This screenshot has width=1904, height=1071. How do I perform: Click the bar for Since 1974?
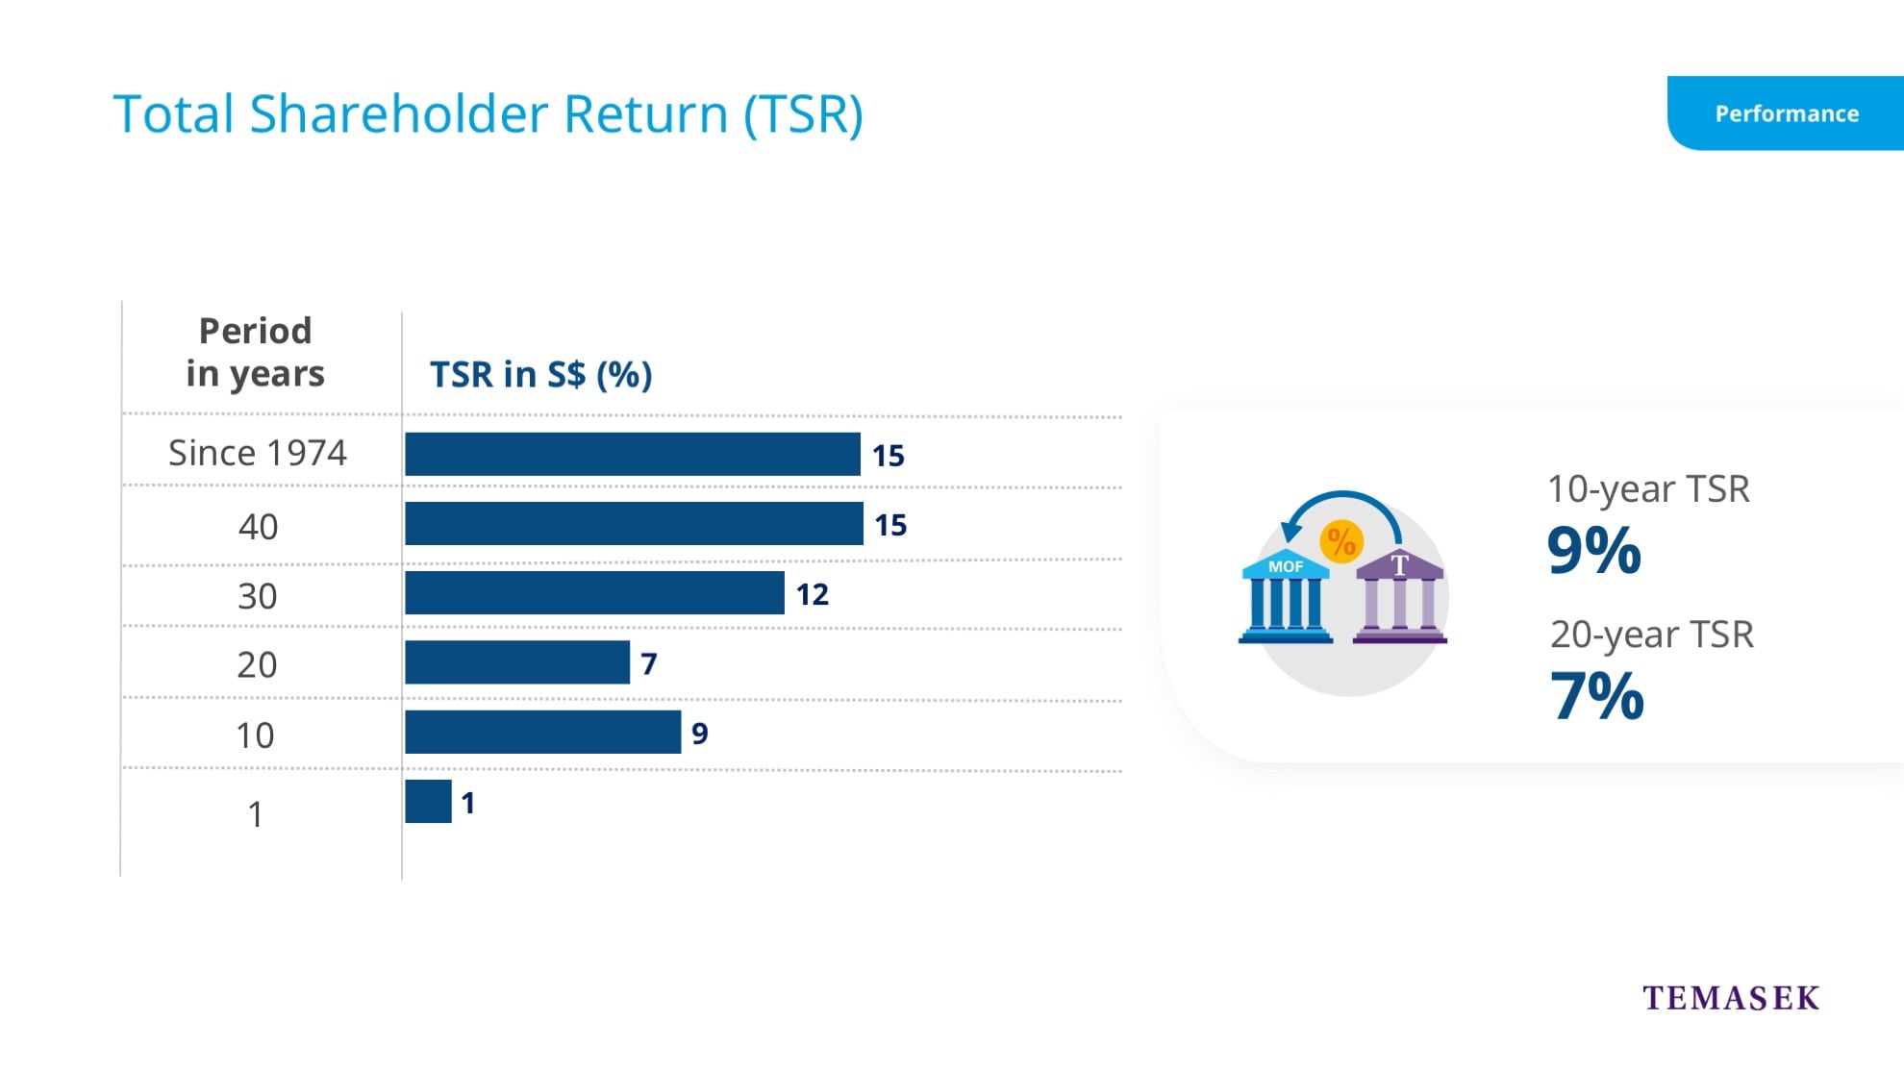tap(633, 454)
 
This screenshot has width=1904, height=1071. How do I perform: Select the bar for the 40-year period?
tap(635, 524)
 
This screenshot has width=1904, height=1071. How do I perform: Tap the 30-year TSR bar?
tap(595, 593)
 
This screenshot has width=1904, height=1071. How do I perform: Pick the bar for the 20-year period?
tap(517, 662)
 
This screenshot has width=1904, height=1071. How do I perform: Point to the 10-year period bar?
tap(543, 732)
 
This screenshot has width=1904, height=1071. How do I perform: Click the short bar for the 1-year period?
tap(429, 801)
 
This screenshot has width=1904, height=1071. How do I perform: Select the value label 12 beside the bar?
tap(813, 594)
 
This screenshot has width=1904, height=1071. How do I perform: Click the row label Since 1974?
tap(258, 453)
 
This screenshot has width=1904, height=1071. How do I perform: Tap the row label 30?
tap(258, 596)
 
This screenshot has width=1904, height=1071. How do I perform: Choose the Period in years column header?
tap(256, 352)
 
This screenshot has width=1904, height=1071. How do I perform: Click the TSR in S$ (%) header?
tap(541, 374)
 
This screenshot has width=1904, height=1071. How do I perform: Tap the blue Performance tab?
tap(1786, 113)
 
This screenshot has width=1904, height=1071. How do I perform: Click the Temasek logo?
tap(1731, 998)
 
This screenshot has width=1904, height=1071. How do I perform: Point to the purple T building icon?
tap(1400, 596)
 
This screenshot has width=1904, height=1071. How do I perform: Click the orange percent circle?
tap(1341, 541)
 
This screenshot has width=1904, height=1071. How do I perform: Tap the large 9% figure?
tap(1594, 551)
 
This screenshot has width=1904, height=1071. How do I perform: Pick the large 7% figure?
tap(1597, 696)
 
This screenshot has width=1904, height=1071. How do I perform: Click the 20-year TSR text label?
tap(1652, 635)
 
